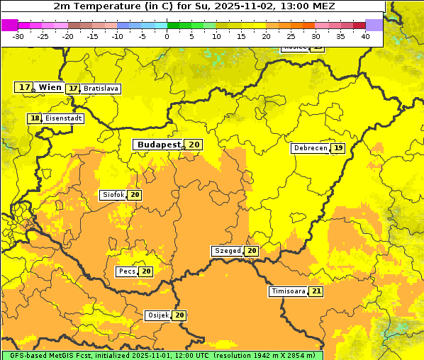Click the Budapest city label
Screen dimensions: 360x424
point(159,145)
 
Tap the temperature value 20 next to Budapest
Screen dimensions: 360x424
point(194,145)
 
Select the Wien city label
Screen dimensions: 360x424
point(50,87)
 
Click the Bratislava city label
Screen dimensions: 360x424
point(101,89)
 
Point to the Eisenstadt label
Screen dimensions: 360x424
point(64,119)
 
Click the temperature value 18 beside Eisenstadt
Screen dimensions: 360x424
point(35,118)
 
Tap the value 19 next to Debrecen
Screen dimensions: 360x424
point(338,148)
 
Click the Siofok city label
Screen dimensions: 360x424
point(113,195)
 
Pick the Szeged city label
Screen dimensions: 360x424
point(227,251)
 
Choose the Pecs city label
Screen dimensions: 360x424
point(127,271)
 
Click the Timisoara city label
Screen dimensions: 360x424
point(288,291)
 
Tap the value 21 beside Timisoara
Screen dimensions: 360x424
point(316,291)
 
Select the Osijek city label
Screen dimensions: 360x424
point(157,315)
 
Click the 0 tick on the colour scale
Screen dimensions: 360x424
point(167,35)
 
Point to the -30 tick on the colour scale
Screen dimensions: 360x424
point(18,35)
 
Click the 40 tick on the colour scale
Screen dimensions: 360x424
point(365,35)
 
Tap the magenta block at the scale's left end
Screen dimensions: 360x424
point(9,25)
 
